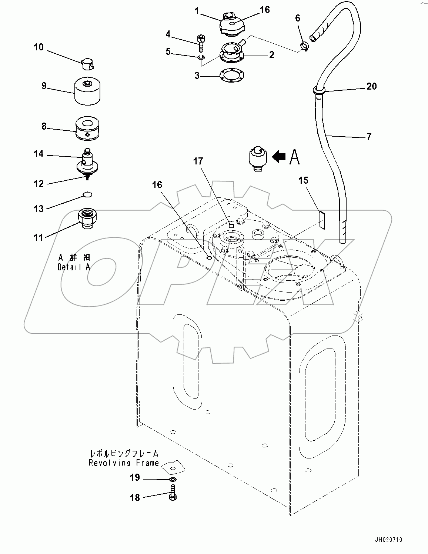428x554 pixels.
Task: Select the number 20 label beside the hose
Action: click(x=371, y=86)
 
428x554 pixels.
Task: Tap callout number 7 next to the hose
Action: click(x=369, y=137)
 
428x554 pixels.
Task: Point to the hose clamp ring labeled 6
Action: click(x=304, y=47)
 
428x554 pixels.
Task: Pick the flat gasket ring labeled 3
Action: click(x=231, y=76)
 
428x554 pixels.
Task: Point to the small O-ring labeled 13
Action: click(x=87, y=194)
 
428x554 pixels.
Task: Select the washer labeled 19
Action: click(x=173, y=480)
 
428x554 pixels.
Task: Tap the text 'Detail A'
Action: click(x=74, y=267)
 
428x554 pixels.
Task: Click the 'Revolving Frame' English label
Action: click(x=124, y=463)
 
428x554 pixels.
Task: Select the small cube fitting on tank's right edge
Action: click(x=358, y=316)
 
